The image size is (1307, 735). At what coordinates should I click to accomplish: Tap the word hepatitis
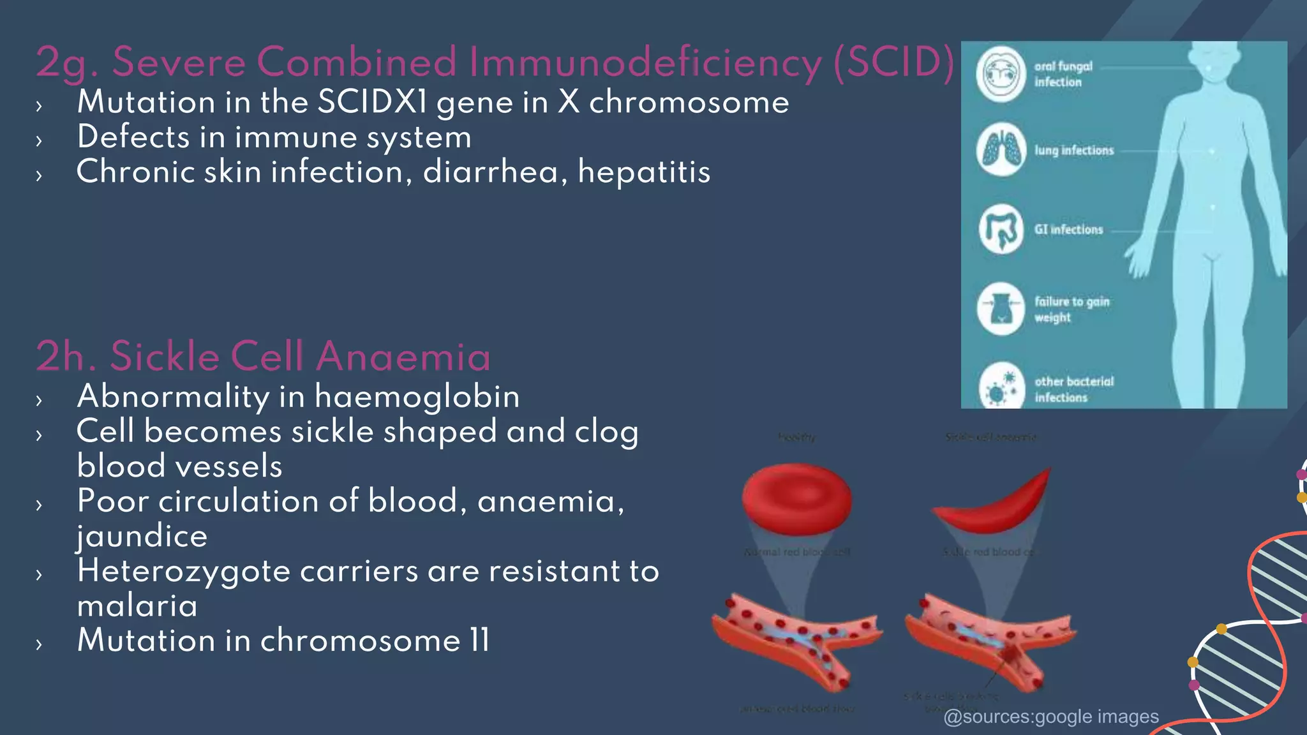tap(644, 172)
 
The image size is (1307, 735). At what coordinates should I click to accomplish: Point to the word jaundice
tap(142, 536)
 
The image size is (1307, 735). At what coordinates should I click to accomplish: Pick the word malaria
tap(137, 605)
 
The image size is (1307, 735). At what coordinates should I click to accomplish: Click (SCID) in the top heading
tap(893, 63)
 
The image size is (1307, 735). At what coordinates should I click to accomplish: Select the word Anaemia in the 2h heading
tap(403, 356)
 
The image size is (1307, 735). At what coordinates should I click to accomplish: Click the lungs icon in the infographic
tap(1001, 150)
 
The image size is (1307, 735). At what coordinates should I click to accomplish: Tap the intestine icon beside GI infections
tap(1001, 229)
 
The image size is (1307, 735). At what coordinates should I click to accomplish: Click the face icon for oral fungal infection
tap(1001, 74)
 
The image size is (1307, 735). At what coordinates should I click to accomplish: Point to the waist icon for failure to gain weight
tap(1001, 309)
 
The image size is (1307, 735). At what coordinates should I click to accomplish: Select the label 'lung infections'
tap(1074, 151)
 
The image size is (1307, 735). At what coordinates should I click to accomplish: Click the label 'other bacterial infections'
tap(1073, 389)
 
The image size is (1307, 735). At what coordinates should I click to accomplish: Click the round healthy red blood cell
tap(796, 499)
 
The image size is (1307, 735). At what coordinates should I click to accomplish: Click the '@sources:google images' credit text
tap(1051, 717)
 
